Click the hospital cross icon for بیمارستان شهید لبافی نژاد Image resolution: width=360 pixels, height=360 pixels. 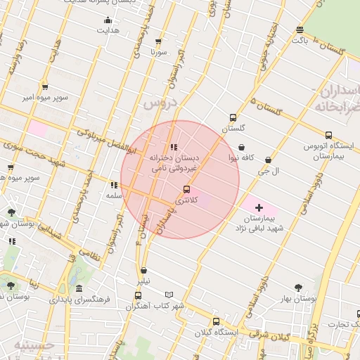pyautogui.click(x=259, y=207)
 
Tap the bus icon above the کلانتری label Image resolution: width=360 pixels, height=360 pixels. pyautogui.click(x=186, y=188)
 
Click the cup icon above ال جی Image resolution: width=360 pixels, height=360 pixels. pyautogui.click(x=267, y=160)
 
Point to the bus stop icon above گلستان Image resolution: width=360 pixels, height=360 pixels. pyautogui.click(x=233, y=118)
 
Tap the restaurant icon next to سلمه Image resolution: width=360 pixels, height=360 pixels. pyautogui.click(x=113, y=185)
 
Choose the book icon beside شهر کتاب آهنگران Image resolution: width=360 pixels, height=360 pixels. pyautogui.click(x=169, y=295)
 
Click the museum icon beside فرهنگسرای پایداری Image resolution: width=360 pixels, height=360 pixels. pyautogui.click(x=78, y=289)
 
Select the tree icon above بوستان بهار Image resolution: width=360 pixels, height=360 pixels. pyautogui.click(x=298, y=287)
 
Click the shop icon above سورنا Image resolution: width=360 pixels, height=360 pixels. pyautogui.click(x=158, y=42)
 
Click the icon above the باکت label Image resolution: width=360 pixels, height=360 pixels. pyautogui.click(x=300, y=30)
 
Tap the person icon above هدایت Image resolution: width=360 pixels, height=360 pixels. pyautogui.click(x=108, y=20)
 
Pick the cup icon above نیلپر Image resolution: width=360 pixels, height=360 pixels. pyautogui.click(x=143, y=269)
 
